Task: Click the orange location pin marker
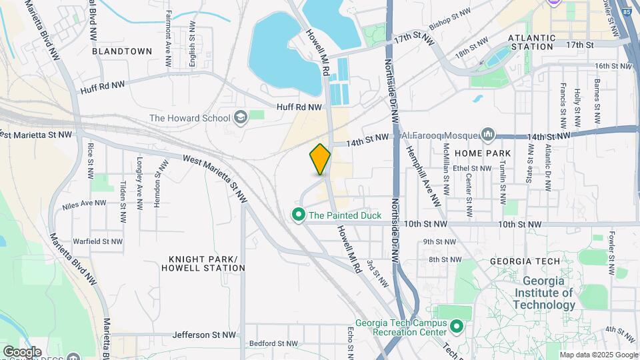point(320,159)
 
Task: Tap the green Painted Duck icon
point(298,215)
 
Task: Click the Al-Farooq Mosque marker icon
point(489,135)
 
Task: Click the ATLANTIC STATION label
point(531,43)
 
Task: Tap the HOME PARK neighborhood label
point(483,153)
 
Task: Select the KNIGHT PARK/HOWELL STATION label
point(203,263)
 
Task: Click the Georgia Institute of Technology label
point(545,293)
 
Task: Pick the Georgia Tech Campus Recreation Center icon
point(457,327)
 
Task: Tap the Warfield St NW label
point(97,241)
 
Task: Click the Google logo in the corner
point(22,351)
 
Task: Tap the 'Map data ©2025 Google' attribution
point(598,355)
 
